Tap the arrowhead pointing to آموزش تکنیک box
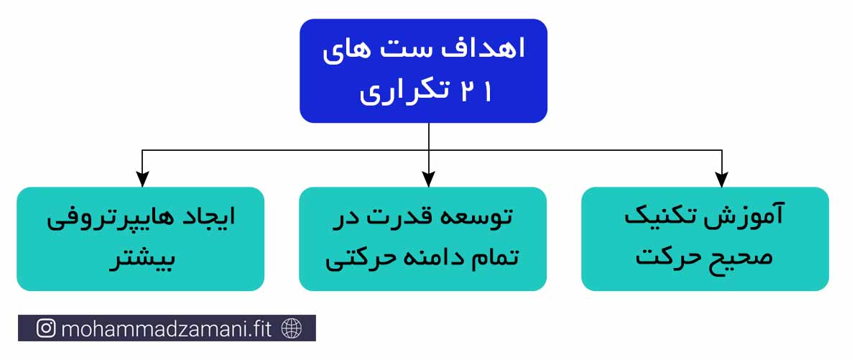click(721, 180)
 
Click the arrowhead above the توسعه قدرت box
click(428, 180)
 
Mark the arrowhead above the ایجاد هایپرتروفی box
click(142, 180)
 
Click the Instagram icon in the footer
click(46, 328)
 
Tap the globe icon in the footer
click(292, 328)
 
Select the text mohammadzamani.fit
click(166, 328)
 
